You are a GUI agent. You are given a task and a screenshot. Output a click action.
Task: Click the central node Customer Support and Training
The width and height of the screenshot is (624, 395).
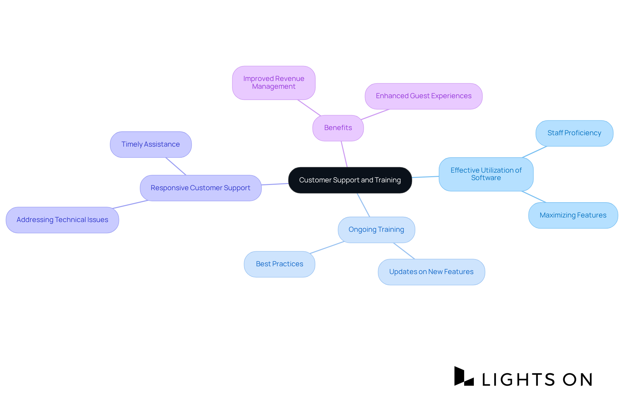point(350,180)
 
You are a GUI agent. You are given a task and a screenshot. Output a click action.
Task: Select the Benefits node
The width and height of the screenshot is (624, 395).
point(338,128)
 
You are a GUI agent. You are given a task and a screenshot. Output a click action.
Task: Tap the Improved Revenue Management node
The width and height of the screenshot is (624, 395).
point(274,83)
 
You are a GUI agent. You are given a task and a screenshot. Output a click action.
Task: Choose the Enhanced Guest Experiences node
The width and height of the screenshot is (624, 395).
point(423,96)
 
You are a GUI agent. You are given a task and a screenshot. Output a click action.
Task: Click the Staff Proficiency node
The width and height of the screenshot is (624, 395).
point(574,133)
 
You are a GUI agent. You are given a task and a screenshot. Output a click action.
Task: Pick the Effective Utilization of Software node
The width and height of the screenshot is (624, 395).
point(486,174)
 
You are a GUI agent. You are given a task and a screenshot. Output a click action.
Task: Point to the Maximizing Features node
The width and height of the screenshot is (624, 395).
point(573,215)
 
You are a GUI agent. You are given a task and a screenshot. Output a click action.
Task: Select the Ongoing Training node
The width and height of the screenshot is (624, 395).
point(376,230)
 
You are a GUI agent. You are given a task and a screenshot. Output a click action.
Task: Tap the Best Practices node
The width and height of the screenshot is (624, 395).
point(279,264)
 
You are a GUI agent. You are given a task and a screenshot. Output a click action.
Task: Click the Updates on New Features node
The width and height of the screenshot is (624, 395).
point(431,272)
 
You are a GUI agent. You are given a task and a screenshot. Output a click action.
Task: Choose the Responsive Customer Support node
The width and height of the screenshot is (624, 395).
point(201,188)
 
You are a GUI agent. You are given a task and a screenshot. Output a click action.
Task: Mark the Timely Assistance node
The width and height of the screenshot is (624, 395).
point(150,144)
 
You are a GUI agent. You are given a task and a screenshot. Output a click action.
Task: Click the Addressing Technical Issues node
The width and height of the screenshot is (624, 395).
point(62,220)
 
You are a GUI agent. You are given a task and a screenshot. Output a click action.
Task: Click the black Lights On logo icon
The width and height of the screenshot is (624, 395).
point(464,376)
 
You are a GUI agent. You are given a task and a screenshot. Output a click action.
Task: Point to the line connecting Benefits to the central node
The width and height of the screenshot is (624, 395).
point(344,154)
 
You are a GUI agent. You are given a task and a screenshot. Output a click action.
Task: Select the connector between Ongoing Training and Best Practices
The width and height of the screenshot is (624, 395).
point(327,247)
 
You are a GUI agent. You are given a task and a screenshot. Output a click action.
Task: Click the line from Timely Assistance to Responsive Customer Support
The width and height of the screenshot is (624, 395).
point(176,166)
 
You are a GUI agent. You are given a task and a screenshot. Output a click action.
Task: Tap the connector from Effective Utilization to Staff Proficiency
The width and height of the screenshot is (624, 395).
point(535,152)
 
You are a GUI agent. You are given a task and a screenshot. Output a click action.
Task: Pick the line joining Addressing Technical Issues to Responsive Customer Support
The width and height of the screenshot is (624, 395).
point(130,204)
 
